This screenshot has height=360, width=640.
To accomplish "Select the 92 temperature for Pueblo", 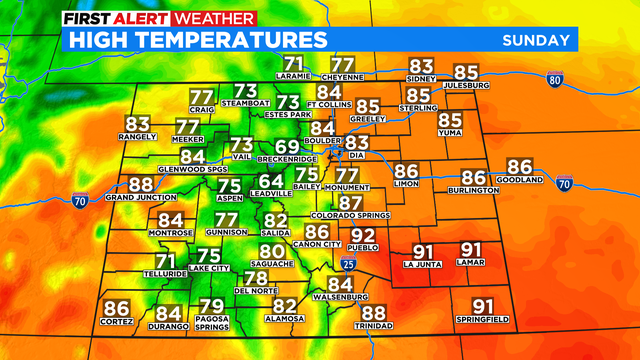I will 363,235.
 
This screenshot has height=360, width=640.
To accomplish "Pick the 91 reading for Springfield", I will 483,306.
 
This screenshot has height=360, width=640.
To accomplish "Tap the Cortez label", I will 117,323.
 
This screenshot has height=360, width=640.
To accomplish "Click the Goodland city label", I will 519,180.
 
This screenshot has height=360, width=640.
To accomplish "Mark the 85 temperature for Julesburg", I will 467,72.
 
